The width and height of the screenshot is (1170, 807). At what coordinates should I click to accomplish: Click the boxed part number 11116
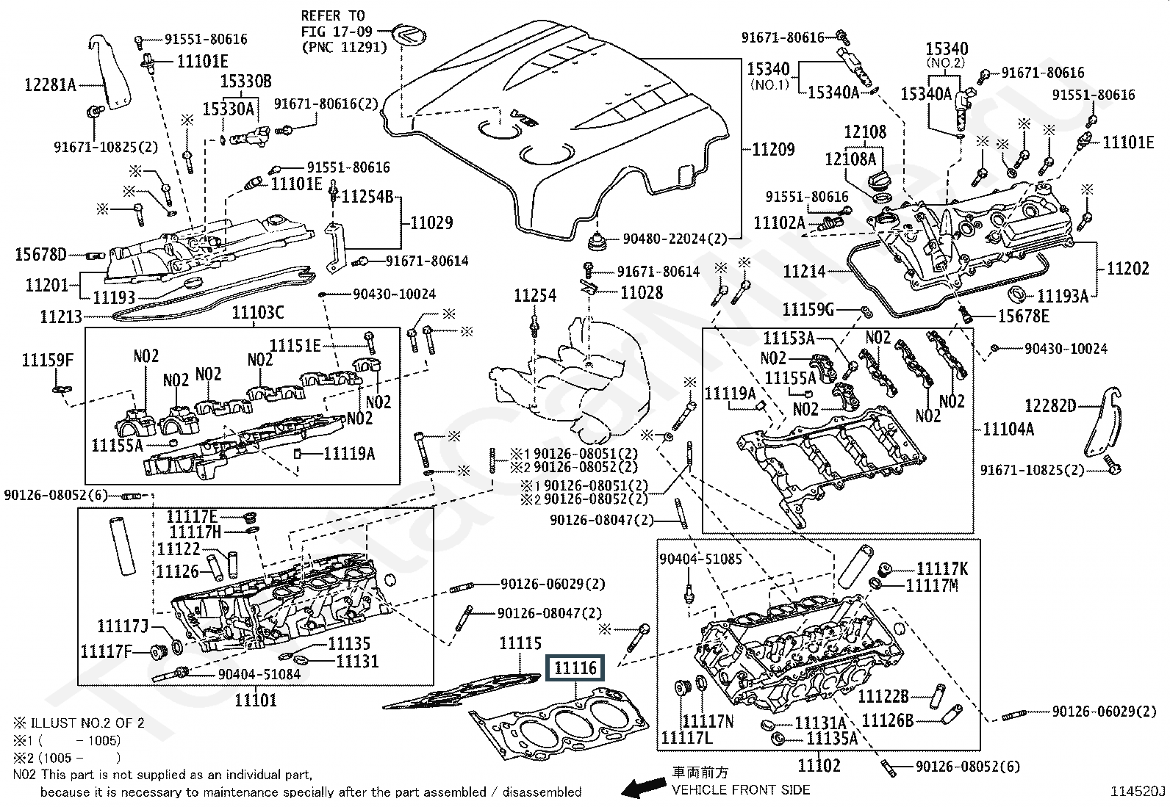[575, 667]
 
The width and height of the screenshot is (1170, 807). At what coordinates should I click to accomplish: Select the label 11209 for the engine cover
[773, 150]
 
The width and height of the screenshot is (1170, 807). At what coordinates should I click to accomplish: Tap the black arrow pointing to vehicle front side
[640, 789]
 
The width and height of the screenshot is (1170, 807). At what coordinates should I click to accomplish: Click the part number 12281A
[50, 84]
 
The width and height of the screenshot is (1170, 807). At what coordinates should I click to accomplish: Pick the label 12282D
[1050, 405]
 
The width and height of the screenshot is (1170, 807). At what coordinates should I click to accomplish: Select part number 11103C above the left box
[258, 314]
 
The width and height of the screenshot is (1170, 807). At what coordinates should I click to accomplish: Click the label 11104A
[1008, 429]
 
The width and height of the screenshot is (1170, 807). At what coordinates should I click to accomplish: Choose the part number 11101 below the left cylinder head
[256, 700]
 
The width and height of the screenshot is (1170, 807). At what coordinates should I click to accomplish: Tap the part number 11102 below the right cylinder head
[819, 766]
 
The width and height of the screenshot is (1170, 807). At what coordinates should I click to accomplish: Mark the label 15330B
[247, 81]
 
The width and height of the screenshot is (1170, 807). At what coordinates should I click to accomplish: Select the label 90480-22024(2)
[675, 239]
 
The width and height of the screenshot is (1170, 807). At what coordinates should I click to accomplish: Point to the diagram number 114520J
[1138, 791]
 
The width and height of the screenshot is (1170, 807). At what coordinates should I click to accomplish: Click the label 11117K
[943, 568]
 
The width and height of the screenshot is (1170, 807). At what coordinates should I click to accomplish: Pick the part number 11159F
[48, 360]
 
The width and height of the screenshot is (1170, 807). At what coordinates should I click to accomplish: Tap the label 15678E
[1024, 316]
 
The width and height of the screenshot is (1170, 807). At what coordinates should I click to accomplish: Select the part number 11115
[520, 644]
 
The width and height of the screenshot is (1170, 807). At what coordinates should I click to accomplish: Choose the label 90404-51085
[700, 559]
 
